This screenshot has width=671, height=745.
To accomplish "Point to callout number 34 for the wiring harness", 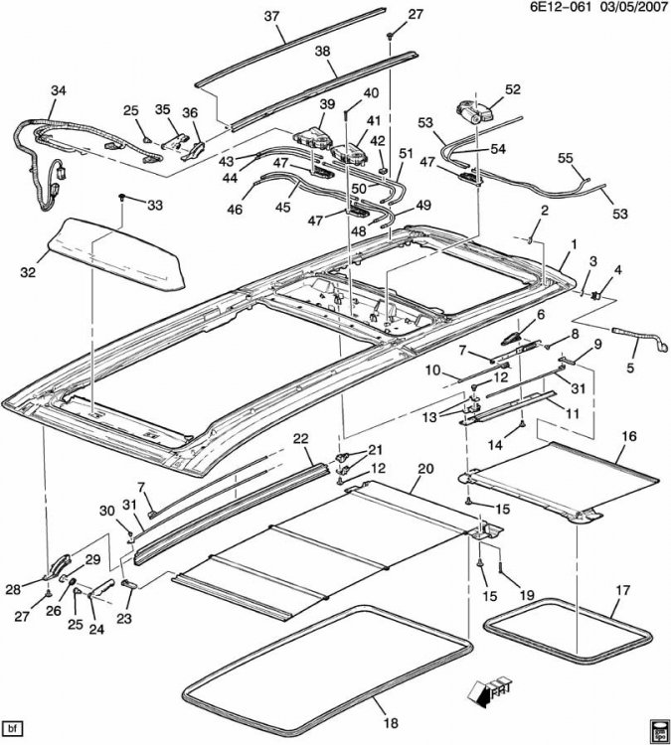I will pyautogui.click(x=59, y=91).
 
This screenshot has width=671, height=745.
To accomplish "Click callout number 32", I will pyautogui.click(x=28, y=270).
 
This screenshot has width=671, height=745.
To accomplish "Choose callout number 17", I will pyautogui.click(x=621, y=589).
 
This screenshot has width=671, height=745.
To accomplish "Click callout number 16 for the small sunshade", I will pyautogui.click(x=628, y=435).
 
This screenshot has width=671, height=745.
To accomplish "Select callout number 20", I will pyautogui.click(x=425, y=468).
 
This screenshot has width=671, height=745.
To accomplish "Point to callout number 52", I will pyautogui.click(x=513, y=89).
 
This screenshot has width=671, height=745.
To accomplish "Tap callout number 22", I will pyautogui.click(x=301, y=438).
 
